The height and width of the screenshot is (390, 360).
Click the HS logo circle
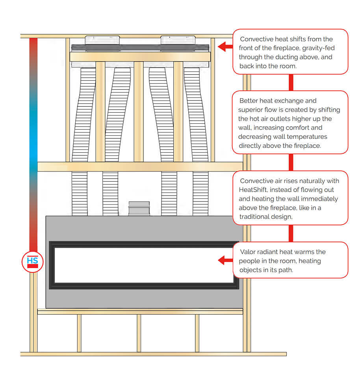(x=33, y=261)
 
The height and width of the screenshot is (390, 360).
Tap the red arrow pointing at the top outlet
(x=225, y=47)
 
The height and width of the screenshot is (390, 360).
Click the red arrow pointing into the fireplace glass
(x=225, y=260)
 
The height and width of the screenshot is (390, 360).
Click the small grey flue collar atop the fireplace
(x=139, y=209)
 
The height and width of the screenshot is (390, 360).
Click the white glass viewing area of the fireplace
(x=144, y=265)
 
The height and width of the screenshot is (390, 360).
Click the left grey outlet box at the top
(x=102, y=40)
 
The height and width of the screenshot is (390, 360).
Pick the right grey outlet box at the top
(x=178, y=40)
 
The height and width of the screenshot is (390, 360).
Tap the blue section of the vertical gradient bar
(x=33, y=126)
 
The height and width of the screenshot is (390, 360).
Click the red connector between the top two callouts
(x=291, y=82)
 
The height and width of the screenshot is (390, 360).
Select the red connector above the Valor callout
(x=291, y=233)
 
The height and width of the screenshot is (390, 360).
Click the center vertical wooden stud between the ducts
(x=138, y=112)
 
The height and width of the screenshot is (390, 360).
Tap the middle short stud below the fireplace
(x=139, y=333)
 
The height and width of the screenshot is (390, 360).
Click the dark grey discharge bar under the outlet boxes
(x=139, y=48)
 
